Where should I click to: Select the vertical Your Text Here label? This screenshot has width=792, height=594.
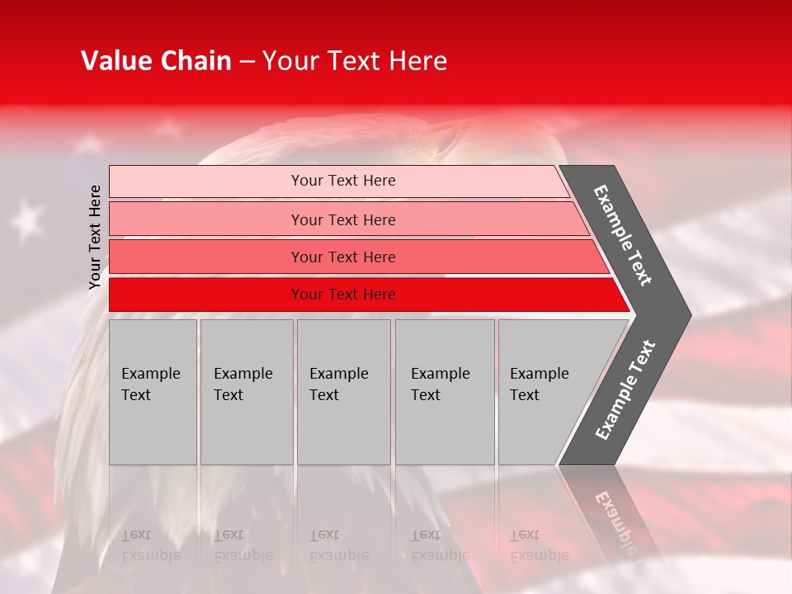coord(95,237)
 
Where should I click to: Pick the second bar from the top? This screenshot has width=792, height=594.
coord(342,219)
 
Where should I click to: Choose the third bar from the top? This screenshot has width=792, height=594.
coord(342,257)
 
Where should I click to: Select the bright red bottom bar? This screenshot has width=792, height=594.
coord(342,295)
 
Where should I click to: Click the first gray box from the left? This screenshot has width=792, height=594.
coord(153,392)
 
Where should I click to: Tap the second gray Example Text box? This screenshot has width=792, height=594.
coord(246,392)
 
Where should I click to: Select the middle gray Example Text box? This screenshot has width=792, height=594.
coord(343,392)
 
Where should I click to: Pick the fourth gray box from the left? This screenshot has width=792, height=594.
coord(444,392)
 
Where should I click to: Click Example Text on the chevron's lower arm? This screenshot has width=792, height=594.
coord(625,389)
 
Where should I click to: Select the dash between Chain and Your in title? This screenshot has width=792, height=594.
coord(247,62)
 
